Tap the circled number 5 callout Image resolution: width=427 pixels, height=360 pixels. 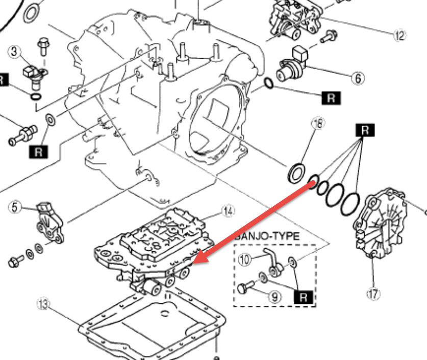[15, 207]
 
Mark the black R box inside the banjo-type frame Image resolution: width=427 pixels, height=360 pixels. [304, 297]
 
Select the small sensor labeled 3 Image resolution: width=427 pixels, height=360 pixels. [33, 75]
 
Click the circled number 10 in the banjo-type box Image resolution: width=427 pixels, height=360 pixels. [245, 259]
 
